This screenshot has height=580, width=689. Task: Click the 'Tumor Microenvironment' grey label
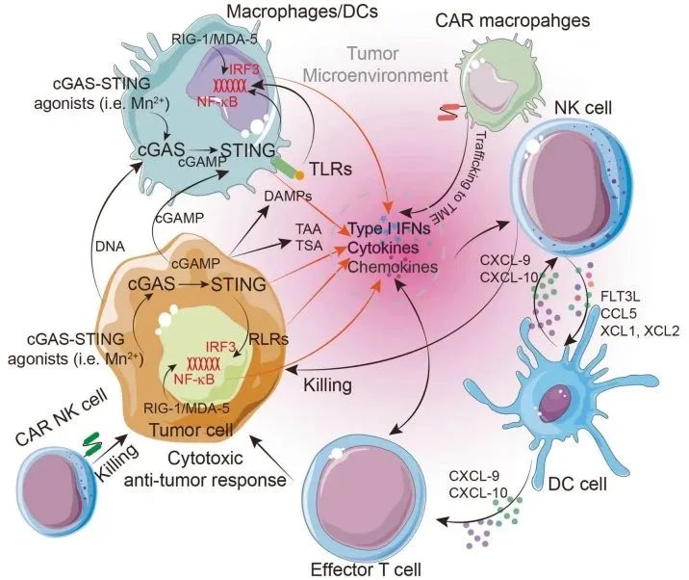coord(375,65)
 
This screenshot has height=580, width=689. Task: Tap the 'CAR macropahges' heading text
coord(512,20)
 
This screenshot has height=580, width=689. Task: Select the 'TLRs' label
coord(331,169)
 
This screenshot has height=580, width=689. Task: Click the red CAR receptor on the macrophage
coord(448,112)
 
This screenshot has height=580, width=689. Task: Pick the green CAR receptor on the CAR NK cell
coord(92,444)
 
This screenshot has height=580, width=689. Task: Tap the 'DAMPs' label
coord(289,196)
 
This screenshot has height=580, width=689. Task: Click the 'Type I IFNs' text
coord(390,229)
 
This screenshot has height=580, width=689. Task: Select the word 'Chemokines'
coord(393,267)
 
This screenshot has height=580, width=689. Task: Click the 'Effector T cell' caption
coord(366,569)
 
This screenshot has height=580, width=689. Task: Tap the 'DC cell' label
coord(577,484)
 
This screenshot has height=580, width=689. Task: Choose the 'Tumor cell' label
coord(191,430)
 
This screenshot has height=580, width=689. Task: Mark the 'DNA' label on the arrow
coord(110,247)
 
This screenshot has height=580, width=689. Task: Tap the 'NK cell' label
coord(583,107)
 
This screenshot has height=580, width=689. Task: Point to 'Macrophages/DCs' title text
coord(302,11)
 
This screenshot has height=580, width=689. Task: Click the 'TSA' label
coord(309,245)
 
